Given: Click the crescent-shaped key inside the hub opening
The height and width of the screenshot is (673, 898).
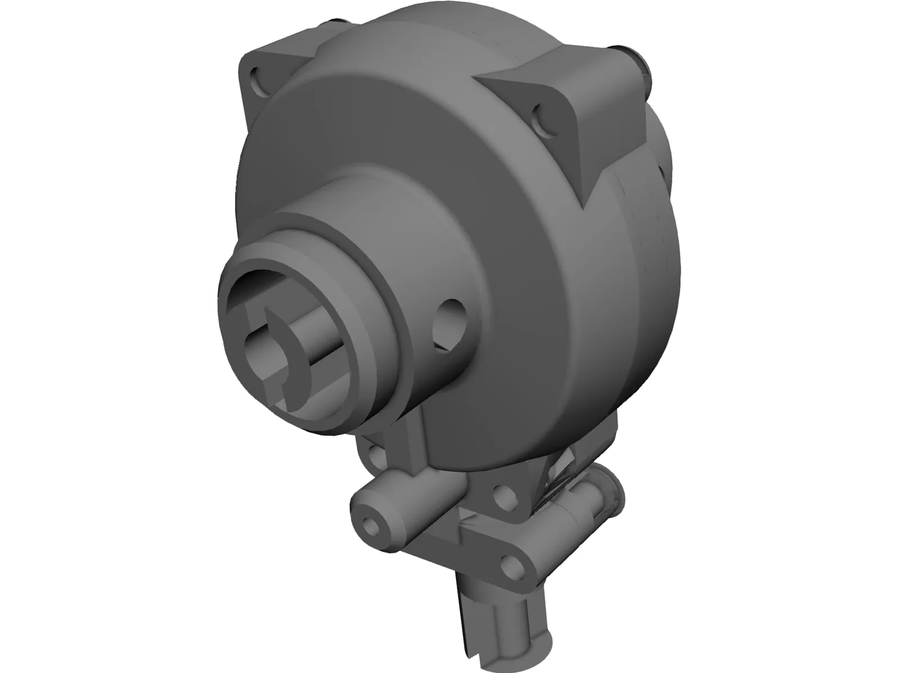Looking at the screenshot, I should (x=294, y=359).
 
